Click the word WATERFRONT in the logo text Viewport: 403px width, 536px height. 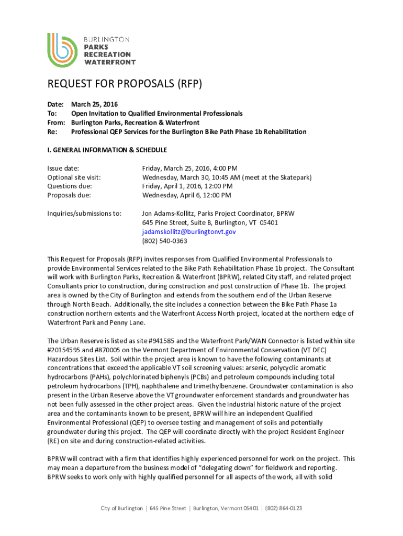pos(110,62)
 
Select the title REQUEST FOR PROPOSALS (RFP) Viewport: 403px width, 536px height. pos(125,85)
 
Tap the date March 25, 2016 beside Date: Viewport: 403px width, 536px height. pos(95,104)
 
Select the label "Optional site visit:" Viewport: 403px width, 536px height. pos(74,177)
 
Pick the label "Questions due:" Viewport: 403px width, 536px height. pos(70,186)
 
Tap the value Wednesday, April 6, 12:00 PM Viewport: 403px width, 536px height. pos(186,195)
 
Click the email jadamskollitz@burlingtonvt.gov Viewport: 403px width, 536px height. pos(189,232)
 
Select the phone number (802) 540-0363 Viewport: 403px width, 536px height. pos(165,241)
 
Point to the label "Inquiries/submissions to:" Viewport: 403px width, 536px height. pos(84,214)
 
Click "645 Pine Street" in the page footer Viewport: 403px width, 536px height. pos(167,508)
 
